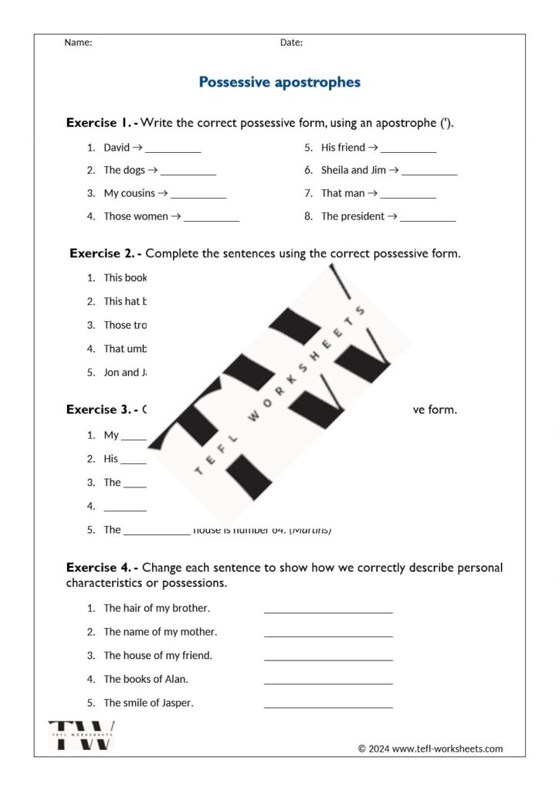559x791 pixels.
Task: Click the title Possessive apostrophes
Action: click(279, 82)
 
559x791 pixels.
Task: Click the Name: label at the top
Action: click(78, 42)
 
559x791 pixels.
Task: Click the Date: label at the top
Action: click(291, 42)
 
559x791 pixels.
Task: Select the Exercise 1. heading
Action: click(101, 122)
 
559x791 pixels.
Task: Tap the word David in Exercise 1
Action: click(117, 147)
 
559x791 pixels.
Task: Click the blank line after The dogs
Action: click(188, 174)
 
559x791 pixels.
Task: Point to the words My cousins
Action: click(130, 193)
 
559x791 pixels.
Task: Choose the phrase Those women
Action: click(136, 216)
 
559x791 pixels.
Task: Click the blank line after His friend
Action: click(408, 151)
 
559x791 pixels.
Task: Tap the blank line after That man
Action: click(408, 197)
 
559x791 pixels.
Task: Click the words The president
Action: click(353, 216)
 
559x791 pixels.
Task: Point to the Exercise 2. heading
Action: click(105, 253)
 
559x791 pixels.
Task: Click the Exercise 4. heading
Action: click(101, 567)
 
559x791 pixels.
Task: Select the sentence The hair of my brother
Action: click(157, 608)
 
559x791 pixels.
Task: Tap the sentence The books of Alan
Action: click(146, 679)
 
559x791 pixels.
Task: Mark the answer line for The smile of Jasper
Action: click(328, 706)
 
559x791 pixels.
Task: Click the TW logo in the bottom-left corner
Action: click(81, 735)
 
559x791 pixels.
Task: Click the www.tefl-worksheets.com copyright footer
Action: click(430, 748)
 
